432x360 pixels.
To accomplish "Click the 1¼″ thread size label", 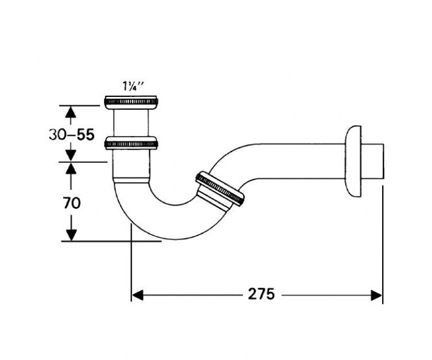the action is point(133,87).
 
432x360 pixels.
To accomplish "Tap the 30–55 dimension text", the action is point(71,135).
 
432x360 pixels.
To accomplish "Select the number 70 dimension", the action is point(71,203).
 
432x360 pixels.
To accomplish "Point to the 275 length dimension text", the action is point(261,294).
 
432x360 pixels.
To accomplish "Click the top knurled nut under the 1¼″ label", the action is point(131,102).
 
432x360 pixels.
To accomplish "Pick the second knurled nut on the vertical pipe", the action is point(131,143).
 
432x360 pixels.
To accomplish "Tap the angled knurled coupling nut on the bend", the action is point(219,188).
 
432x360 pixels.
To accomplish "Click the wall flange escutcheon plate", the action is point(353,162).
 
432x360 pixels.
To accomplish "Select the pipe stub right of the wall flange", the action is point(373,161).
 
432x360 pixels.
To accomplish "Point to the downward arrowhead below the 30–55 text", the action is point(71,155).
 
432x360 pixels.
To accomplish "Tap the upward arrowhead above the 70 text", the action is point(71,168).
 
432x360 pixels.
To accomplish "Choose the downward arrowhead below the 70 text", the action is point(71,235).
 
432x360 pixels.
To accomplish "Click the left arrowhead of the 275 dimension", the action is point(138,296).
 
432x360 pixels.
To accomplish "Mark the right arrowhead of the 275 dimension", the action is point(377,296).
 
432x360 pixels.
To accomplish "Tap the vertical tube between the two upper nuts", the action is point(131,123).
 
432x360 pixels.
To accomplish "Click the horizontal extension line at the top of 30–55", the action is point(80,105).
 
